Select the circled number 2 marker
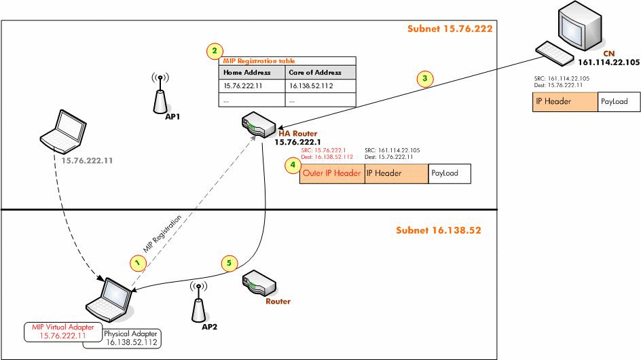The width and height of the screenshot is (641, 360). pyautogui.click(x=215, y=51)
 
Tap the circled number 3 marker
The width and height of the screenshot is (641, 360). pyautogui.click(x=425, y=79)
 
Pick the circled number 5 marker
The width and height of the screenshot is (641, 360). pyautogui.click(x=230, y=262)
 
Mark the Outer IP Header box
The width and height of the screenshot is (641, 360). pyautogui.click(x=332, y=173)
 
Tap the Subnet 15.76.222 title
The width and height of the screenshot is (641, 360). pyautogui.click(x=450, y=29)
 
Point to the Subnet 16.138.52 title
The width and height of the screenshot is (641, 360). pyautogui.click(x=439, y=230)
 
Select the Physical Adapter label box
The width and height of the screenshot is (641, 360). pyautogui.click(x=132, y=338)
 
